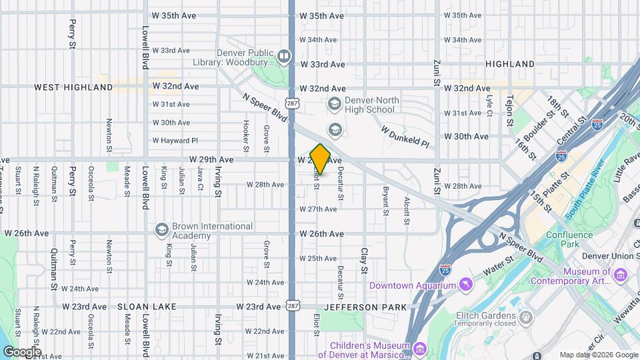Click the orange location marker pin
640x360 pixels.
click(320, 159)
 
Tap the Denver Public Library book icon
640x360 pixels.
click(284, 56)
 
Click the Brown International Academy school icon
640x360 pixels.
click(161, 230)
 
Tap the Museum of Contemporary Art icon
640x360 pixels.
click(621, 275)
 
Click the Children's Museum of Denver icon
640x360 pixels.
click(419, 349)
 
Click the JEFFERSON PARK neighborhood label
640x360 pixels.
click(365, 307)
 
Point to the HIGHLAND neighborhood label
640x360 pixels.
click(510, 64)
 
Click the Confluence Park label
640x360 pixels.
click(569, 239)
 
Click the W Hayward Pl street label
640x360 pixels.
click(175, 141)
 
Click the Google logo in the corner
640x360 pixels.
click(22, 351)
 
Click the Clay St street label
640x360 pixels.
click(364, 261)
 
